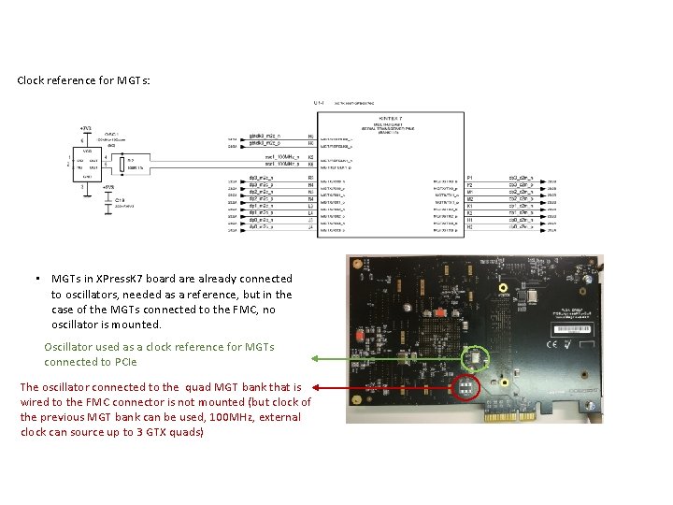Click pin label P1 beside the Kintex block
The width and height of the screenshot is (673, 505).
tap(469, 177)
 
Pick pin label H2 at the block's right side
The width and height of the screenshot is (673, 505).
tap(469, 227)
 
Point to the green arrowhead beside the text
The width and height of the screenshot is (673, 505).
tap(315, 357)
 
